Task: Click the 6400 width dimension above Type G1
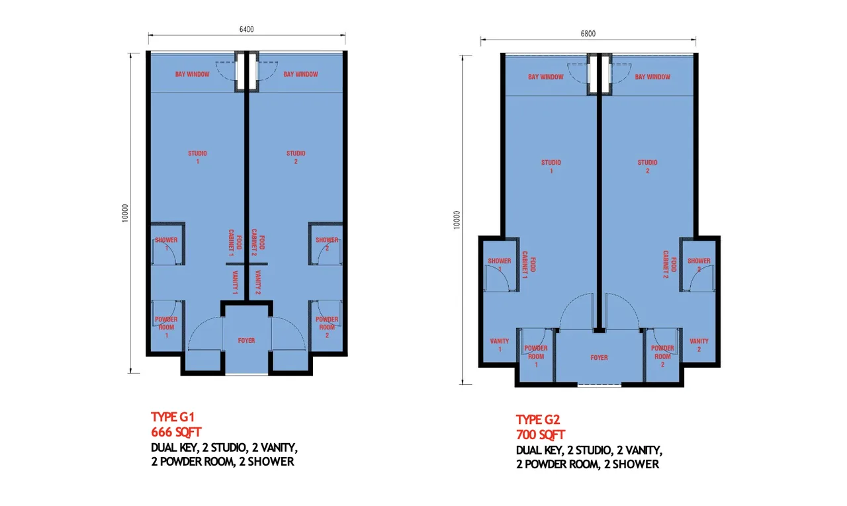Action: [247, 29]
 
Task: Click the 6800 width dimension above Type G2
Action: [588, 34]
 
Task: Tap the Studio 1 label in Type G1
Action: [197, 157]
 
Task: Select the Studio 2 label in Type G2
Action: [647, 167]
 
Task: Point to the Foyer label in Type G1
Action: [246, 341]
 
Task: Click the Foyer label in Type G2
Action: [599, 357]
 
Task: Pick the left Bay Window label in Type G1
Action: [192, 74]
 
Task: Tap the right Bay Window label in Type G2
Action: [652, 77]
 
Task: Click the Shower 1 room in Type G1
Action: [167, 244]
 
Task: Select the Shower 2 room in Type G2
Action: [699, 265]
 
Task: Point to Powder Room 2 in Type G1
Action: [327, 327]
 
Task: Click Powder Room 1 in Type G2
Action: [536, 356]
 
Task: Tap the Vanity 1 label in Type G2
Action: [500, 345]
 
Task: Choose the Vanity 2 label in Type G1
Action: [257, 282]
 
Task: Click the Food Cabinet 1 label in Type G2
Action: [528, 265]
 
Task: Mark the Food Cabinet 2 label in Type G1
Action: [258, 242]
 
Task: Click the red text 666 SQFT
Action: [176, 432]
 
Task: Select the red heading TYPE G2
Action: [538, 419]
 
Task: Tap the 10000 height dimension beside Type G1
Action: [125, 213]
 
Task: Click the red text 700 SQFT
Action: [541, 435]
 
